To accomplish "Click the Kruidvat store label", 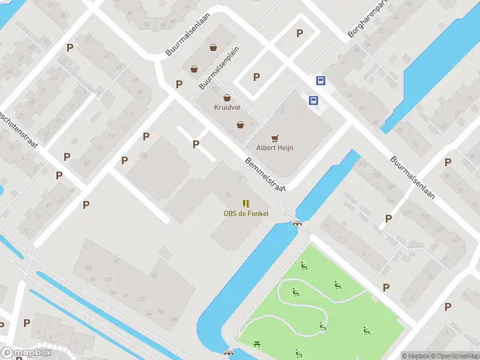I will (x=227, y=107).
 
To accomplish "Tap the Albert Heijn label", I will (x=275, y=148).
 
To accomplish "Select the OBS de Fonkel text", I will (x=246, y=214).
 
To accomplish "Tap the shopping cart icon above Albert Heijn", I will (x=275, y=138).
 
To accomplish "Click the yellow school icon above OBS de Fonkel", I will (x=246, y=204).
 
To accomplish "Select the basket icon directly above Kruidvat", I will (x=227, y=98).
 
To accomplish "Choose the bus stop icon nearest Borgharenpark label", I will (x=321, y=81).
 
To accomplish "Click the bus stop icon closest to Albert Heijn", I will (x=313, y=101).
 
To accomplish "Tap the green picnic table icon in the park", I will (x=257, y=344).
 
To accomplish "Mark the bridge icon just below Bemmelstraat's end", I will (x=297, y=223).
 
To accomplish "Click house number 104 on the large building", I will (x=89, y=268).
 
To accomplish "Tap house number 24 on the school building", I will (x=228, y=195).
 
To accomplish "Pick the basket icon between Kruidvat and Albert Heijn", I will (x=240, y=125).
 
